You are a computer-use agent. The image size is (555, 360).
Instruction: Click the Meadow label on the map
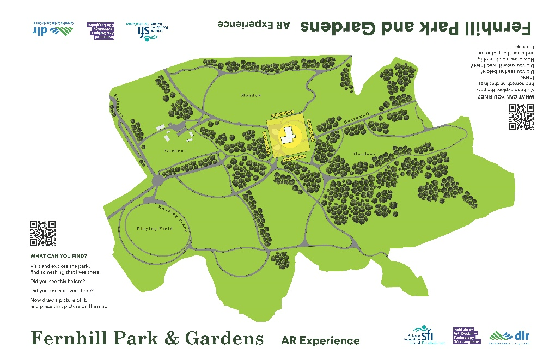click(x=252, y=95)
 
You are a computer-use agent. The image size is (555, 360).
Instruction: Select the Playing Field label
click(x=155, y=229)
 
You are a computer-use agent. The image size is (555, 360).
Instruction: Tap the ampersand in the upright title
click(x=172, y=338)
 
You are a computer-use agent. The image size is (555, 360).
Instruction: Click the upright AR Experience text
click(x=320, y=341)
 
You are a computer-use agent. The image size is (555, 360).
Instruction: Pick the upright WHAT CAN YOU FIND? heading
click(x=58, y=256)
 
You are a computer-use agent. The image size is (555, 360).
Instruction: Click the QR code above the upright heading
click(x=43, y=233)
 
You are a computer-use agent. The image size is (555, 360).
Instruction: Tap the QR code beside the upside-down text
click(x=521, y=117)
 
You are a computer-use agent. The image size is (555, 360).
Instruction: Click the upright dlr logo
click(x=510, y=336)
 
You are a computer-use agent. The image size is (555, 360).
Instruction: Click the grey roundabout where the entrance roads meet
click(x=157, y=180)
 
